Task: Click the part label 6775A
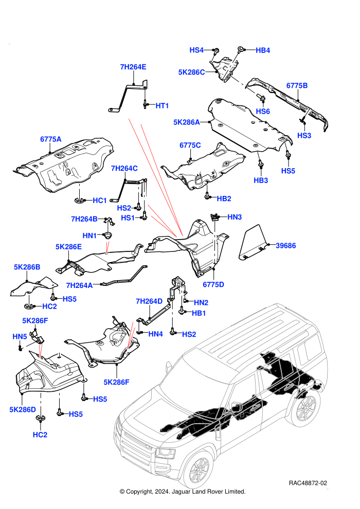50,139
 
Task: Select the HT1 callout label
162,106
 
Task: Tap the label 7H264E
133,67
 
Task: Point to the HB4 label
263,50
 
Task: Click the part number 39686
285,246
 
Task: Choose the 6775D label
213,285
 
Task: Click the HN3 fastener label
235,217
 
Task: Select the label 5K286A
186,122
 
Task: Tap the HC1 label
100,201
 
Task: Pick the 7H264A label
79,285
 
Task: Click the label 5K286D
23,410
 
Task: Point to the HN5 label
20,337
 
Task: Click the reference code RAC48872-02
308,483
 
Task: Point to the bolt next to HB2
207,196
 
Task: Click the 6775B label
297,86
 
